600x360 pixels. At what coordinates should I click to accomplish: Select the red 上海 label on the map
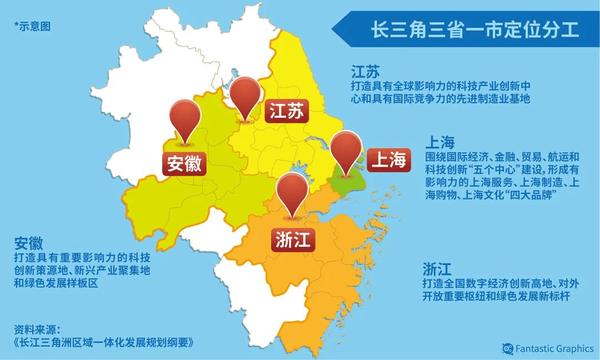(388, 159)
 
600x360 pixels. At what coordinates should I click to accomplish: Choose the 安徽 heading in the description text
(29, 241)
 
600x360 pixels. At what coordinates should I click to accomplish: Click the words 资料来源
(39, 328)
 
